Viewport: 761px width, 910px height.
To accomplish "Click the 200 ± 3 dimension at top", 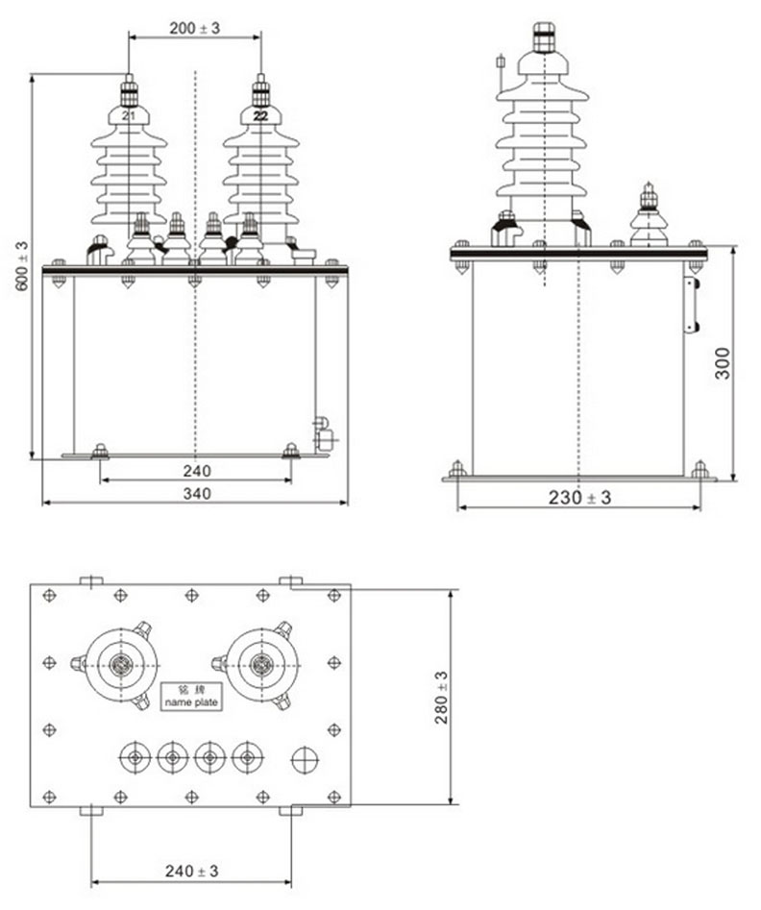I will point(194,28).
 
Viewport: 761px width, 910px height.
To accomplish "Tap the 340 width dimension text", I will point(195,494).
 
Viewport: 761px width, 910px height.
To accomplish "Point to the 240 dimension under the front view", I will point(195,471).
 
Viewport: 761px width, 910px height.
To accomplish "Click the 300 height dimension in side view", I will point(723,362).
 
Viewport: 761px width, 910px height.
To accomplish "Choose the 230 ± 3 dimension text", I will point(579,497).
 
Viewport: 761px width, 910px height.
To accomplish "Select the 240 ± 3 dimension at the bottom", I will point(191,872).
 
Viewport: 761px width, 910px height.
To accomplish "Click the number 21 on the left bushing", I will point(129,115).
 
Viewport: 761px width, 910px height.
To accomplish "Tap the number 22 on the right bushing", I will point(260,115).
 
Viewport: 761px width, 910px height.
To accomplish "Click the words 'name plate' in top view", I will point(191,703).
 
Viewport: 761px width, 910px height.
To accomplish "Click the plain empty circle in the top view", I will point(305,758).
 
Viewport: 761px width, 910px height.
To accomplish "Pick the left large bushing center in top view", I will point(121,664).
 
